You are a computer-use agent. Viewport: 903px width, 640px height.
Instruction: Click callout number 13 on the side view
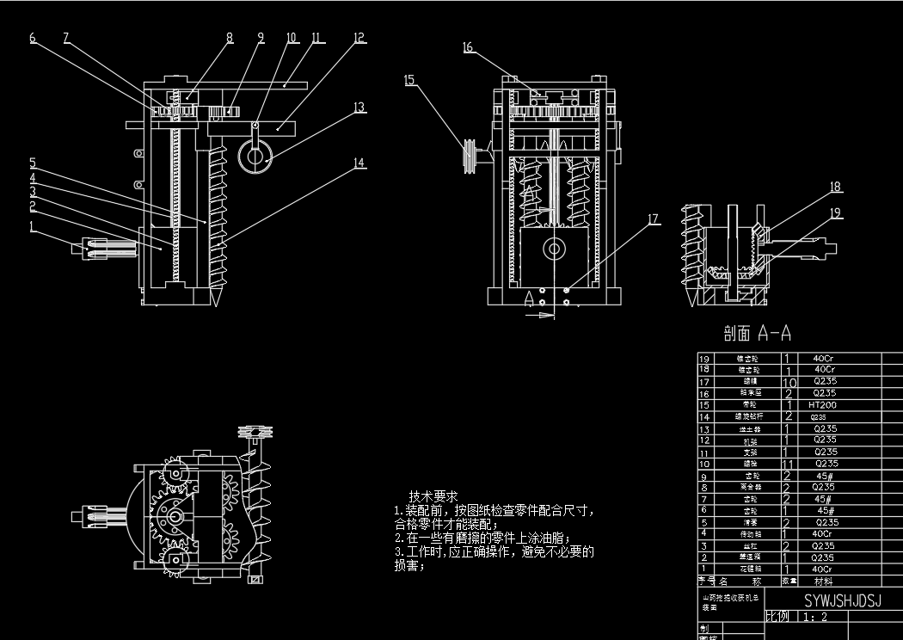(x=359, y=108)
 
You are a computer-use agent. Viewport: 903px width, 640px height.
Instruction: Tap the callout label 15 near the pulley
(x=409, y=80)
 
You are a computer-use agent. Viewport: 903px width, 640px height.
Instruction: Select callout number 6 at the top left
(x=33, y=37)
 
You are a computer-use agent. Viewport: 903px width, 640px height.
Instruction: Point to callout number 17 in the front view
(x=654, y=219)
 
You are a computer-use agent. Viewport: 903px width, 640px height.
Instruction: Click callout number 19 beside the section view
(x=835, y=212)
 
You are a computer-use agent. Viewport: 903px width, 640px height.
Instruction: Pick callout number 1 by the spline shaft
(x=33, y=227)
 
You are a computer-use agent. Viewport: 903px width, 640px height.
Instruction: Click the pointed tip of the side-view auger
(x=216, y=301)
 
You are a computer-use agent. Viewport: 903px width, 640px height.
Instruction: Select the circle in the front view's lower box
(x=553, y=249)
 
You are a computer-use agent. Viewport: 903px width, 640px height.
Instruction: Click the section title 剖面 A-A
(x=757, y=333)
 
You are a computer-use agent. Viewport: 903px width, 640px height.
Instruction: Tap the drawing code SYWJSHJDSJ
(x=842, y=600)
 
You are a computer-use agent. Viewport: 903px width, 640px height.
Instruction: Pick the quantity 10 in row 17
(x=789, y=381)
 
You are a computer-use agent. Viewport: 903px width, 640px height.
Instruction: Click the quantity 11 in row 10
(x=789, y=463)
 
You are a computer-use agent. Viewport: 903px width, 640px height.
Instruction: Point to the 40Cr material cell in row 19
(x=825, y=358)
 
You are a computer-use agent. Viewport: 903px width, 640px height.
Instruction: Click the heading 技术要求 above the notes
(x=433, y=496)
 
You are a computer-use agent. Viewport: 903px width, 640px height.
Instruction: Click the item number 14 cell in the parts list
(x=704, y=416)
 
